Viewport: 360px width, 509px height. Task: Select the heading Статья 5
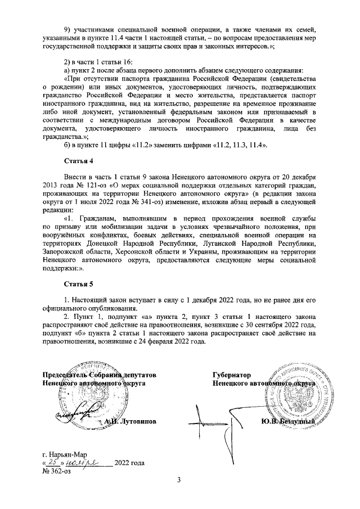point(79,283)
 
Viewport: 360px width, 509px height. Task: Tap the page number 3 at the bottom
point(179,479)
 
